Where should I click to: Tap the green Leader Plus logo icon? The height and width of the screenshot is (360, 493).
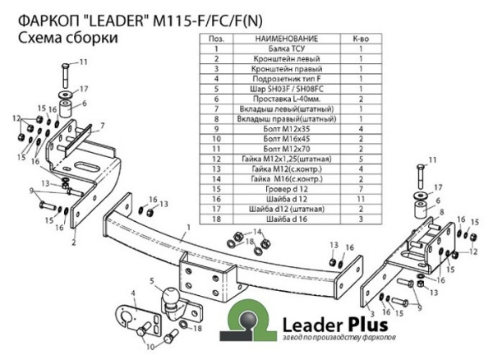click(x=251, y=317)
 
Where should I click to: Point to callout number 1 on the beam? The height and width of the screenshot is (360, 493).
click(x=189, y=227)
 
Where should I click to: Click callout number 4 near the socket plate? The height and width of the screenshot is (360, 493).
click(x=131, y=293)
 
